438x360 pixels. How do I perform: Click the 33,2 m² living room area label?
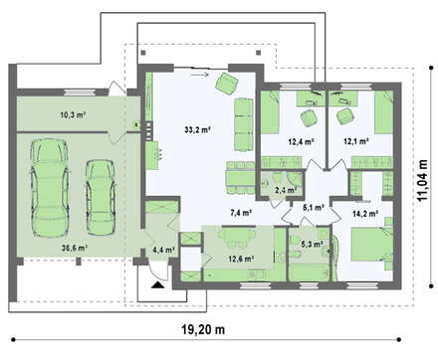(x=198, y=130)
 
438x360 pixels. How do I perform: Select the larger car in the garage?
(x=50, y=188)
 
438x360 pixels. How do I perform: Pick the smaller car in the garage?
(x=101, y=198)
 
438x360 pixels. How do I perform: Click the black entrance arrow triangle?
(x=158, y=284)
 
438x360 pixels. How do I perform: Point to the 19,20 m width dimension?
(x=203, y=330)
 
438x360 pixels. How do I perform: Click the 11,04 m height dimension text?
(x=422, y=180)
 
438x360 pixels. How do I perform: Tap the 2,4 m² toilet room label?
(x=286, y=190)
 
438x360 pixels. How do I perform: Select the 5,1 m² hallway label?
(x=314, y=208)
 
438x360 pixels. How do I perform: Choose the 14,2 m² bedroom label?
(x=365, y=214)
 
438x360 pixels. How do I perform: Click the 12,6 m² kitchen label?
(x=241, y=259)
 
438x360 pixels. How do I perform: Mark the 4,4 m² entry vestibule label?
(x=164, y=250)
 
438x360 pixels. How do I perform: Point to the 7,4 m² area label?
(x=241, y=213)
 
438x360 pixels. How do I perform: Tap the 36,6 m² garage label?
(x=75, y=248)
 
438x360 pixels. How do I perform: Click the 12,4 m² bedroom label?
(x=302, y=142)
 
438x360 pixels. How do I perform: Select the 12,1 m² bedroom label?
(x=356, y=141)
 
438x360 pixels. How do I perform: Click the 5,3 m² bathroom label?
(x=312, y=245)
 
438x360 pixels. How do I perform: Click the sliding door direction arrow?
(x=200, y=75)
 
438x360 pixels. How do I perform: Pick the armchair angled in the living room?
(x=227, y=84)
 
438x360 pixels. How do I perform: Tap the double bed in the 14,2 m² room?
(x=371, y=244)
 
